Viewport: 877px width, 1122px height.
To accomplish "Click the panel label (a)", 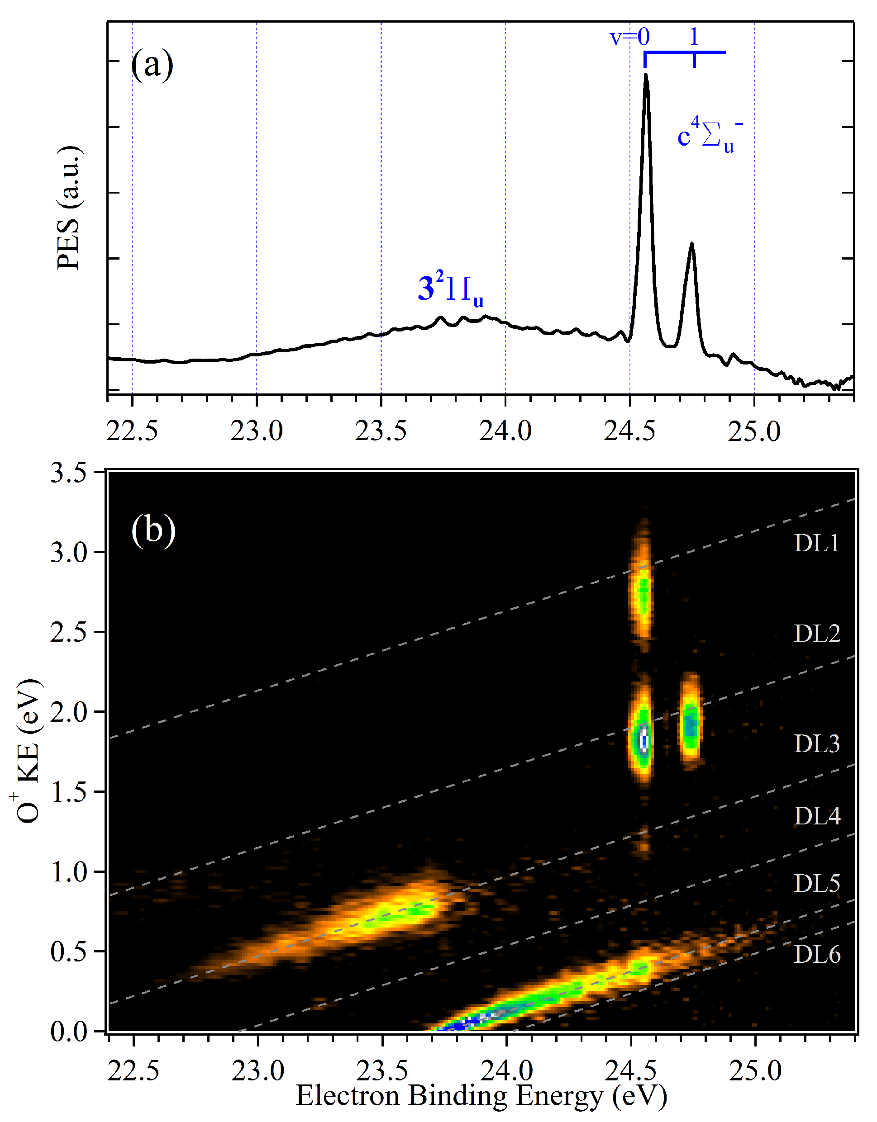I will coord(152,65).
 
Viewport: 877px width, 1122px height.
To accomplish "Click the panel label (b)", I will coord(153,530).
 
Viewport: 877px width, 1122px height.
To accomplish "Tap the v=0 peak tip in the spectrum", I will coord(646,76).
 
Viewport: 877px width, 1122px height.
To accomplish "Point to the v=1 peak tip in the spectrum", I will coord(692,243).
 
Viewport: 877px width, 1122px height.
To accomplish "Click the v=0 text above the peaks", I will coord(629,37).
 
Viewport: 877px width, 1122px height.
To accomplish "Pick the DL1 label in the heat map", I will coord(816,544).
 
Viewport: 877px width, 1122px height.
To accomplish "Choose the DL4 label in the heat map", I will coord(817,816).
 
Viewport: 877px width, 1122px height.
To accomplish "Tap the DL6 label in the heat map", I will coord(817,955).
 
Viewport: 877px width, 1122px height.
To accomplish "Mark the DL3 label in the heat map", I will coord(817,743).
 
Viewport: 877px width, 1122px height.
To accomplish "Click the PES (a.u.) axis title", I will coord(69,208).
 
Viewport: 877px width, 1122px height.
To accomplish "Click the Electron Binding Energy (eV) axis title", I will coord(481,1095).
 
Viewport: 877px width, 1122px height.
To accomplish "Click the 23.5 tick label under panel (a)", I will coord(381,431).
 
